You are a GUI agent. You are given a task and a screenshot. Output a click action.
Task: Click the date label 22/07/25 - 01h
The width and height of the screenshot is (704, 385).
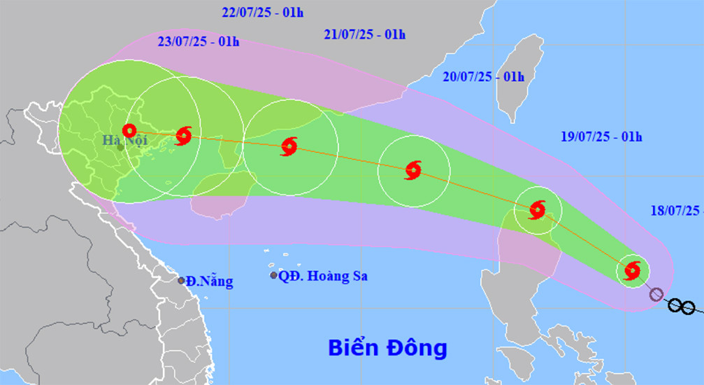(x=253, y=13)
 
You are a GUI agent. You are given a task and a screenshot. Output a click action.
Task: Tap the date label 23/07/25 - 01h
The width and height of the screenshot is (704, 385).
(x=199, y=42)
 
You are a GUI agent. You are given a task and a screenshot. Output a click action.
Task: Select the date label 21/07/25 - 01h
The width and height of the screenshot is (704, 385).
(x=365, y=34)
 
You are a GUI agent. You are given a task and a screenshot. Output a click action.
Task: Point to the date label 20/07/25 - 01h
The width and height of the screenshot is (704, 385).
(x=483, y=76)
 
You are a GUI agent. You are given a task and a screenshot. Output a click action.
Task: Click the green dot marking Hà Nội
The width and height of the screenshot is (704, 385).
(x=121, y=147)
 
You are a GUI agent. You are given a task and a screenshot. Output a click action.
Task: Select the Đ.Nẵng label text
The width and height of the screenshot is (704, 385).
(x=210, y=281)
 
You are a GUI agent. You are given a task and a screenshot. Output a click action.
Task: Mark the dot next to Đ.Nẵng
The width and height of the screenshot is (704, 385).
(x=181, y=281)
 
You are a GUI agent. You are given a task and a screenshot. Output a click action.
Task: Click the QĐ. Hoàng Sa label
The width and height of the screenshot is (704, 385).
(x=322, y=276)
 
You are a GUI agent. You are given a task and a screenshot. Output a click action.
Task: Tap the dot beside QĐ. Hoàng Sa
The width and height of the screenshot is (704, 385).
(x=273, y=275)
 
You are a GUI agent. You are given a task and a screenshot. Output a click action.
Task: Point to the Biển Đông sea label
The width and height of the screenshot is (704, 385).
(x=387, y=346)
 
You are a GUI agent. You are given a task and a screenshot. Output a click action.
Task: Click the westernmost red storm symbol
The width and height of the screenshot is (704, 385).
(x=129, y=130)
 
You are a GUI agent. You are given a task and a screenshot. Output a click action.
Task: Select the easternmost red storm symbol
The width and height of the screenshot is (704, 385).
(x=632, y=270)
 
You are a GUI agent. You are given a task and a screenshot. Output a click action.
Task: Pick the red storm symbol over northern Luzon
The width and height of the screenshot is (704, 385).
(x=537, y=209)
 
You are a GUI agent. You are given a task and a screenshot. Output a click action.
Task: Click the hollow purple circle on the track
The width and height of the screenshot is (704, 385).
(x=656, y=294)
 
